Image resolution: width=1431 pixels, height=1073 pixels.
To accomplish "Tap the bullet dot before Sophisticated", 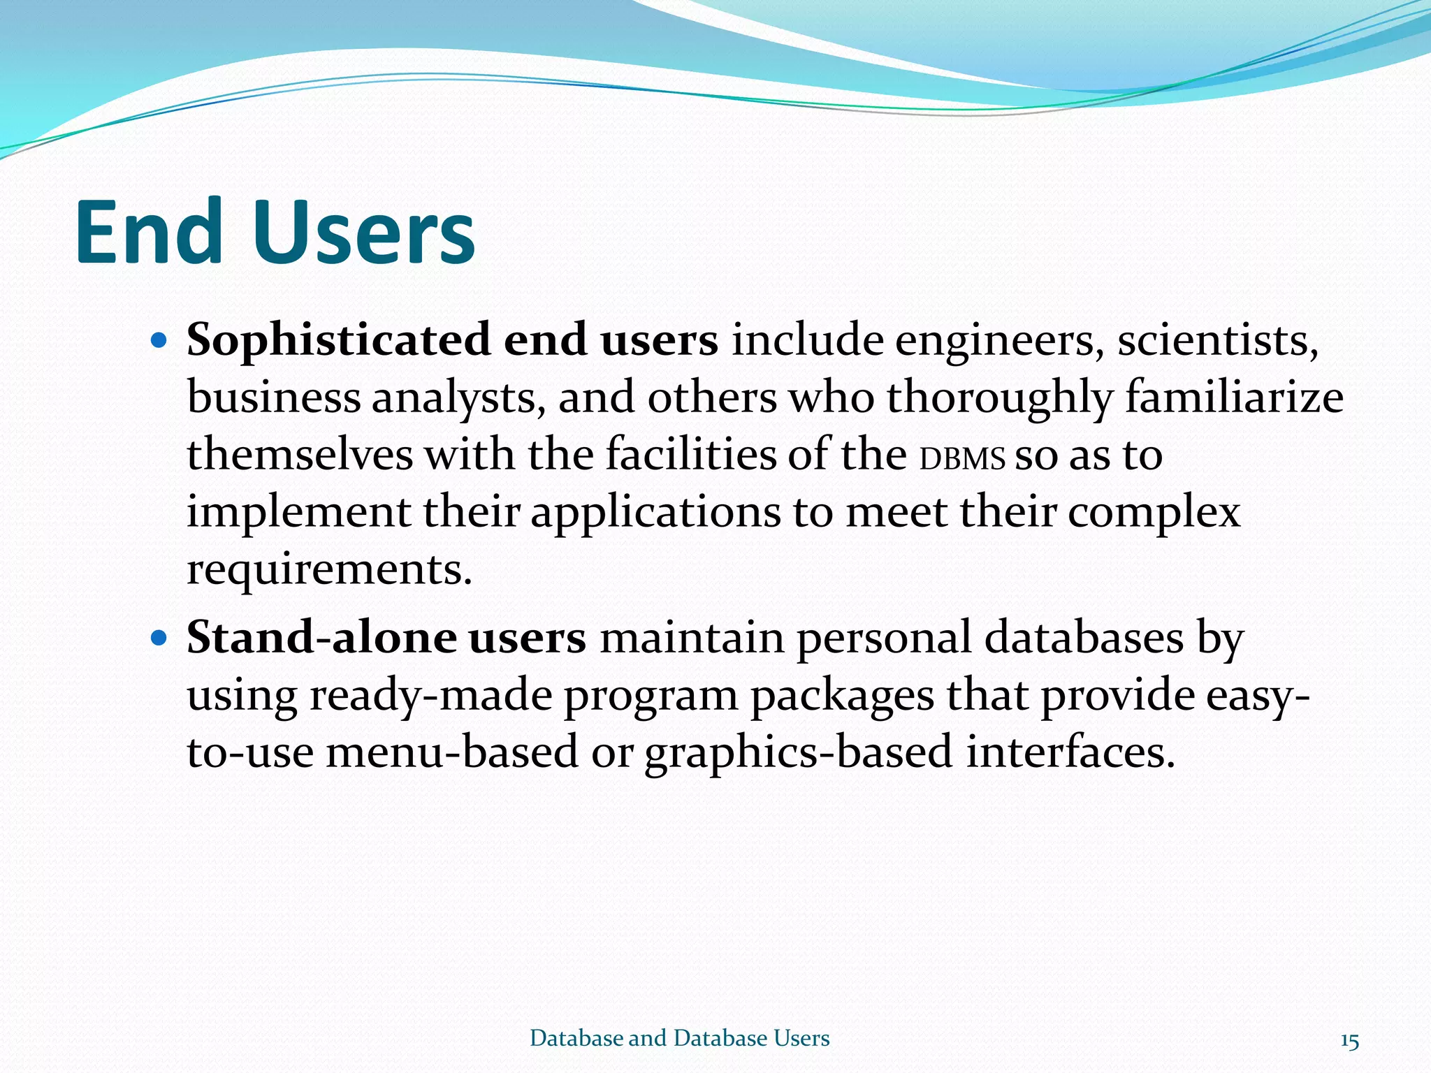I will pos(160,341).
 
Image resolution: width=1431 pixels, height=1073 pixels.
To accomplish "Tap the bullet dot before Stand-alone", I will pos(160,638).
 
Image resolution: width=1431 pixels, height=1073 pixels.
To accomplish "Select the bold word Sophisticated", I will pos(339,341).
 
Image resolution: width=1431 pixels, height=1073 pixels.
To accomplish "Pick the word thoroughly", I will pos(999,398).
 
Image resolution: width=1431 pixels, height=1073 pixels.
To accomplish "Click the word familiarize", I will pos(1234,398).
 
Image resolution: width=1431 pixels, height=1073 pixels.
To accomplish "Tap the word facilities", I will pos(691,455).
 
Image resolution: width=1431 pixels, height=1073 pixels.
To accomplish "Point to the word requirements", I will pos(329,570).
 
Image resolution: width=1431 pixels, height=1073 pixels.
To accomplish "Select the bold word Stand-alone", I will pos(321,638).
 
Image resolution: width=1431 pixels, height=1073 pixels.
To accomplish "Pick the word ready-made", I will pos(430,697).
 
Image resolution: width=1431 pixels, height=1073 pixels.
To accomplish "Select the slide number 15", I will pos(1349,1042).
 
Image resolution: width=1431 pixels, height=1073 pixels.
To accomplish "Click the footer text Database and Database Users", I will pos(679,1038).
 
